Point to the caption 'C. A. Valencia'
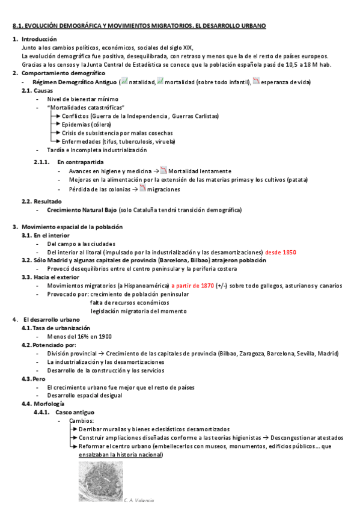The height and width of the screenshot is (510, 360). [139, 500]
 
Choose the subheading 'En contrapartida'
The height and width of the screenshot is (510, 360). [81, 162]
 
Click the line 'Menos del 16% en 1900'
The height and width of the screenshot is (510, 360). [78, 337]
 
